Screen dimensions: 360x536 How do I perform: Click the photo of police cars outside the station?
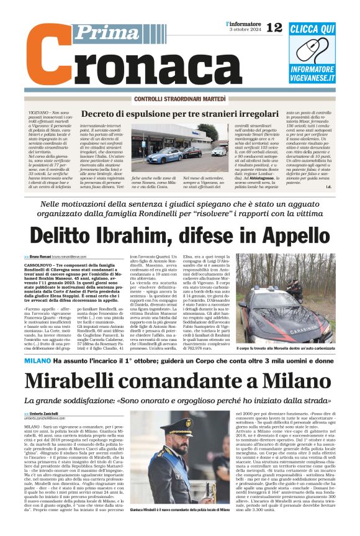(179, 148)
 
